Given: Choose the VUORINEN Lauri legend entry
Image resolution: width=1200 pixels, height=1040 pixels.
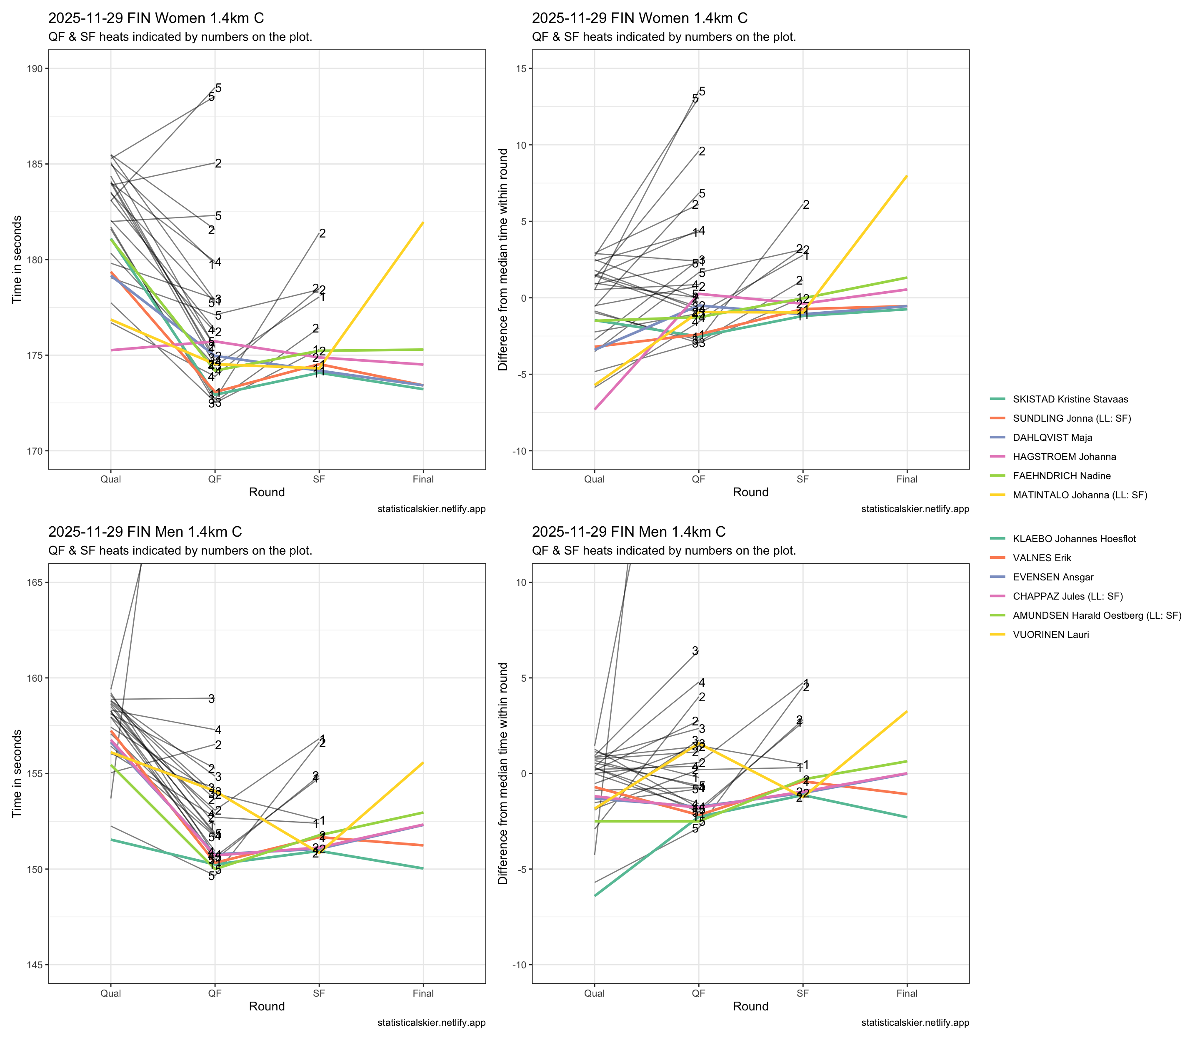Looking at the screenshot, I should tap(1050, 634).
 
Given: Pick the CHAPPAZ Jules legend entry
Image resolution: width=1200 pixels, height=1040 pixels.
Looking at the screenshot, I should tap(1067, 596).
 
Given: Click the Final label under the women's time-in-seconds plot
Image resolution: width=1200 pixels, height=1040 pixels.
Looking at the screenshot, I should tap(423, 479).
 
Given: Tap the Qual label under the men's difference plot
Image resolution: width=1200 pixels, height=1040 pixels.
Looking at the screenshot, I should tap(594, 993).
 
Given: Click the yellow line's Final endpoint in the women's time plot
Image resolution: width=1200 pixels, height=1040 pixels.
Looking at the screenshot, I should tap(423, 223).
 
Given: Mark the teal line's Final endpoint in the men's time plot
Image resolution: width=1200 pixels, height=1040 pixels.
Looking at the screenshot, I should tap(423, 868).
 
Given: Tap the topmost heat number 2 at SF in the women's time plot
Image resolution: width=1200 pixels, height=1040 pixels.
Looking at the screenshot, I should tap(322, 233).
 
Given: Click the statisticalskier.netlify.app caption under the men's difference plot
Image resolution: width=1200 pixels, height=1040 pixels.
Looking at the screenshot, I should tap(915, 1022).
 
